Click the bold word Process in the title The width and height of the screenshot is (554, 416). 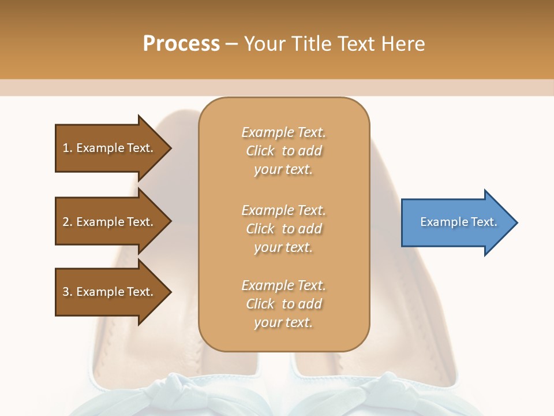(181, 44)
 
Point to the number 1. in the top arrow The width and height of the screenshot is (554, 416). (68, 148)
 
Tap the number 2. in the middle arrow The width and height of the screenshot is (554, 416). (68, 222)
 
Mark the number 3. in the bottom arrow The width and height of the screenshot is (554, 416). (68, 292)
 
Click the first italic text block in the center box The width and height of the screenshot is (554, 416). (283, 151)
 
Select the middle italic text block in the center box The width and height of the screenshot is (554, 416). (283, 229)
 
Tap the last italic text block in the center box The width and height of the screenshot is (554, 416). (283, 304)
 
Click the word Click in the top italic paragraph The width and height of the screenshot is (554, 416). (260, 151)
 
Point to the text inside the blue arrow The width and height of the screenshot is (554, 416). (458, 222)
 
